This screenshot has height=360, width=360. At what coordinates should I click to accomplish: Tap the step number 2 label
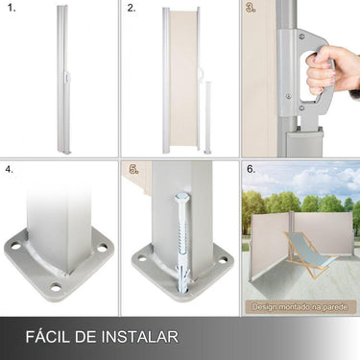(x=132, y=9)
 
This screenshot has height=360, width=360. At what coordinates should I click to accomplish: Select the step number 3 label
(x=251, y=9)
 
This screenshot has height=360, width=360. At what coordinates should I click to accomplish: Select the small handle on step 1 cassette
(x=67, y=79)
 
